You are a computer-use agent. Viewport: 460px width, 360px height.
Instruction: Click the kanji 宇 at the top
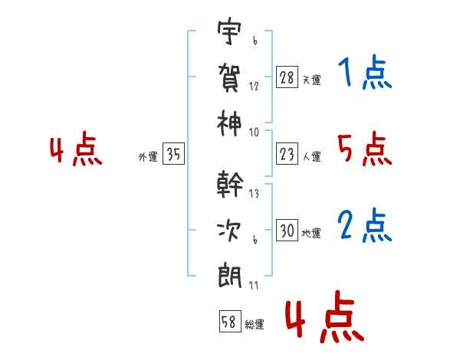pyautogui.click(x=231, y=33)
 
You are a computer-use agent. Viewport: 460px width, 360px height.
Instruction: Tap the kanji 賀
pyautogui.click(x=231, y=77)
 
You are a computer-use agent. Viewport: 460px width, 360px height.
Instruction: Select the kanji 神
pyautogui.click(x=231, y=121)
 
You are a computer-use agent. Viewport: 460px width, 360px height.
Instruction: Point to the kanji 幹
pyautogui.click(x=231, y=185)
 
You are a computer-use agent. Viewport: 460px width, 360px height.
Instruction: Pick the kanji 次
pyautogui.click(x=231, y=229)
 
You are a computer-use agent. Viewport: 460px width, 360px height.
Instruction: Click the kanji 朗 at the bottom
pyautogui.click(x=231, y=273)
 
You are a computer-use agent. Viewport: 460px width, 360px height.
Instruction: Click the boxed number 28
pyautogui.click(x=287, y=78)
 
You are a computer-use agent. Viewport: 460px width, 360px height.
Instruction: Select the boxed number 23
pyautogui.click(x=287, y=154)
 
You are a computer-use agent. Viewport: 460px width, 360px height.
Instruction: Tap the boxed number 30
pyautogui.click(x=287, y=231)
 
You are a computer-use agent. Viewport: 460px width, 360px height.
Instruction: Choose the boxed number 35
pyautogui.click(x=173, y=154)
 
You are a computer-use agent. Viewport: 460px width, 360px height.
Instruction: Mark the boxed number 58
pyautogui.click(x=229, y=322)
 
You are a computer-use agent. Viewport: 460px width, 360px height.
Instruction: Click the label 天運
pyautogui.click(x=312, y=80)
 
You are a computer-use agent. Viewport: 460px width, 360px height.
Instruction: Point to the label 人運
pyautogui.click(x=312, y=156)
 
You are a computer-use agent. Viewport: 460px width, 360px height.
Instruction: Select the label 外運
pyautogui.click(x=148, y=156)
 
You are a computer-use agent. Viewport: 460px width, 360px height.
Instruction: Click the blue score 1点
pyautogui.click(x=364, y=74)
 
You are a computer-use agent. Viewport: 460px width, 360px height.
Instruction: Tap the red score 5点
pyautogui.click(x=364, y=149)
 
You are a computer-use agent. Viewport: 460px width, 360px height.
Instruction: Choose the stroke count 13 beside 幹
pyautogui.click(x=254, y=193)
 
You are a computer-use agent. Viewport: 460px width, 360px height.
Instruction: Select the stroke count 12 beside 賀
pyautogui.click(x=254, y=86)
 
